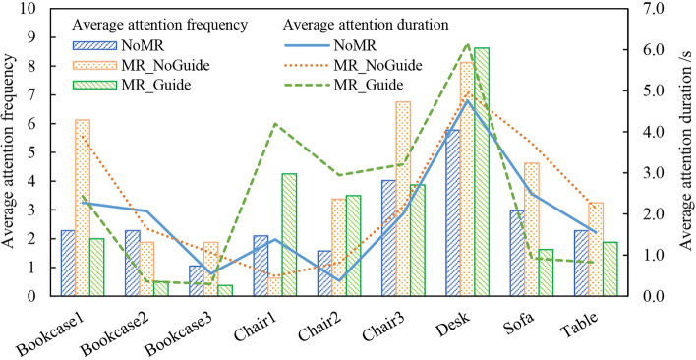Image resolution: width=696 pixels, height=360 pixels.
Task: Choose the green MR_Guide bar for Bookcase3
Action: [x=225, y=290]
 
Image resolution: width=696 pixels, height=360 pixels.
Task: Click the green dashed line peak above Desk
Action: [x=467, y=44]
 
